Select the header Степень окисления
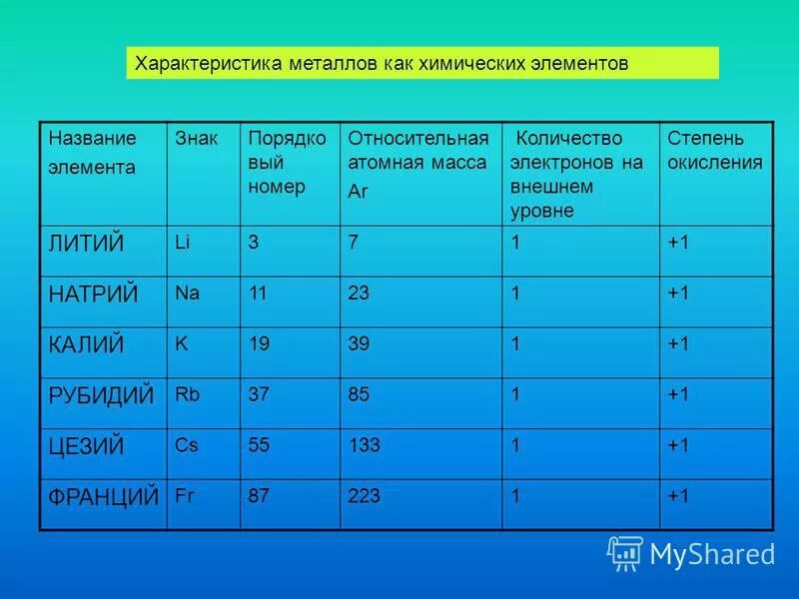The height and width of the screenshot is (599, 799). click(714, 150)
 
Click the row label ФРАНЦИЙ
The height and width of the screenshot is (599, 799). click(103, 496)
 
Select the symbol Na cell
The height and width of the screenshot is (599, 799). click(187, 294)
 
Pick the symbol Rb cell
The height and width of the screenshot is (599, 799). click(187, 394)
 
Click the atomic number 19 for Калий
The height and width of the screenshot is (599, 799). click(259, 343)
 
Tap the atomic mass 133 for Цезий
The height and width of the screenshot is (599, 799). click(364, 445)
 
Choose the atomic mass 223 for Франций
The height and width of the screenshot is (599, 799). click(364, 495)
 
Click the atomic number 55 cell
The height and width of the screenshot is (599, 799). click(259, 445)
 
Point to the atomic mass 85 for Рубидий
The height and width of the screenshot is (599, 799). click(359, 394)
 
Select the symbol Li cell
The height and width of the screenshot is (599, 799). click(182, 242)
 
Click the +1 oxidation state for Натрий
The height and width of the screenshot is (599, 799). click(678, 294)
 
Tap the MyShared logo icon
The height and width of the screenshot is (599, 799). click(624, 552)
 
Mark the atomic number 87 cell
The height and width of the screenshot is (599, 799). click(259, 495)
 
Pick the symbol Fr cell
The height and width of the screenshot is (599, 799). click(184, 494)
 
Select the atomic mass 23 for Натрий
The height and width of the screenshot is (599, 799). click(359, 294)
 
